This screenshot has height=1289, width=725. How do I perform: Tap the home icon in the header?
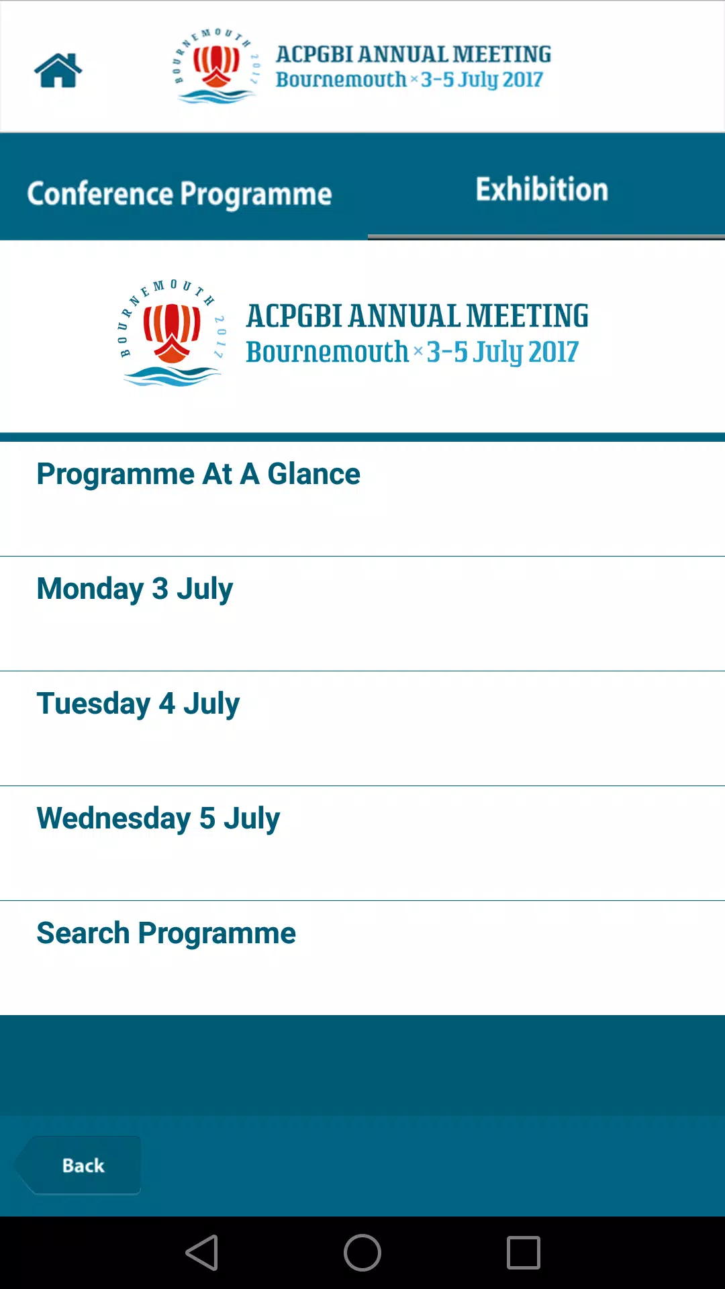coord(58,70)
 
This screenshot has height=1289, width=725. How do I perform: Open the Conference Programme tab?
coord(179,194)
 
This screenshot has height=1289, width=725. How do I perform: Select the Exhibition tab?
coord(542,189)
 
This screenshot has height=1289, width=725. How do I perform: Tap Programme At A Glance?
coord(198,474)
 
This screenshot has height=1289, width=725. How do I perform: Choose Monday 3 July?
coord(135,589)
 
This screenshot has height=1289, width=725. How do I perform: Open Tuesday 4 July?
coord(138,704)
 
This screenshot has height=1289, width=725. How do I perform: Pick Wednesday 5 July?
coord(158,819)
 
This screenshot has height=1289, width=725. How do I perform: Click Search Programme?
coord(166,934)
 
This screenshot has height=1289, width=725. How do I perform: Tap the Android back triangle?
coord(202,1253)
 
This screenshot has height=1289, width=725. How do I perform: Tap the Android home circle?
coord(362,1253)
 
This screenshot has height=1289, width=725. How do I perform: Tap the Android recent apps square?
coord(524,1253)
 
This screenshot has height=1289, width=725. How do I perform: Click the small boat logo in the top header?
coord(216,66)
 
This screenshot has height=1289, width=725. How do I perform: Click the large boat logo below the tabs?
coord(173,333)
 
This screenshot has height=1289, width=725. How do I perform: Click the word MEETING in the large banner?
coord(528,316)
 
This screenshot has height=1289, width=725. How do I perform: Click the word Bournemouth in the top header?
coord(341,79)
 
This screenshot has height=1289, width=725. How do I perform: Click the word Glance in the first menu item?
coord(314,474)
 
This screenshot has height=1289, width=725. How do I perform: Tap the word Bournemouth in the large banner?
coord(327,352)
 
